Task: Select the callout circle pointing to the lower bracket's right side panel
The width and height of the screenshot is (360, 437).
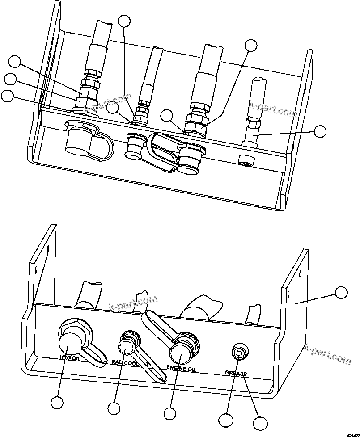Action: (x=341, y=293)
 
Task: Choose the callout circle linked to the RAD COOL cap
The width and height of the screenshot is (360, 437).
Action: (x=114, y=408)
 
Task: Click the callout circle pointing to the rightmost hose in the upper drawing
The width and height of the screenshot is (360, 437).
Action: (x=320, y=131)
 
